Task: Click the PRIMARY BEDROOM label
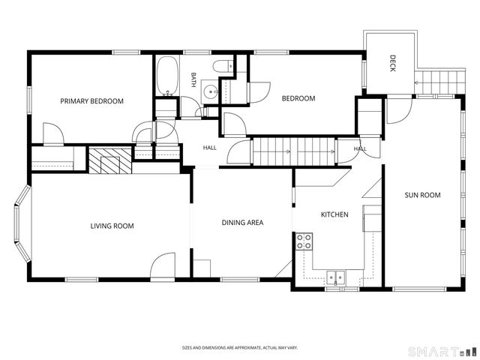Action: point(91,101)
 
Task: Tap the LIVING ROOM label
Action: point(112,226)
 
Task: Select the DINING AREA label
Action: point(242,223)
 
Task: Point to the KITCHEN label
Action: point(334,214)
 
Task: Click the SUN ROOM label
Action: point(422,195)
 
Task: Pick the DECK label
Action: point(393,63)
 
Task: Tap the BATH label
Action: point(193,79)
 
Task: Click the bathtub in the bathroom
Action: point(167,76)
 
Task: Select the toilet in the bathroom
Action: point(223,66)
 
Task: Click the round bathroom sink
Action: point(210,91)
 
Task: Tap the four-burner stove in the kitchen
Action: point(304,241)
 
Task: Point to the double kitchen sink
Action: point(335,277)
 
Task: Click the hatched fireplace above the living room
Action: point(110,160)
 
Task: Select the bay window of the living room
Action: point(22,224)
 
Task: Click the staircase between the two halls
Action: point(294,151)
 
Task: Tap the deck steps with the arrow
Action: point(439,82)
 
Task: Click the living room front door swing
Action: point(163,265)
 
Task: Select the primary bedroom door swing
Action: point(53,133)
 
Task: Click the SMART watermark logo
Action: point(442,351)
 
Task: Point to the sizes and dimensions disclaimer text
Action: point(240,348)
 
